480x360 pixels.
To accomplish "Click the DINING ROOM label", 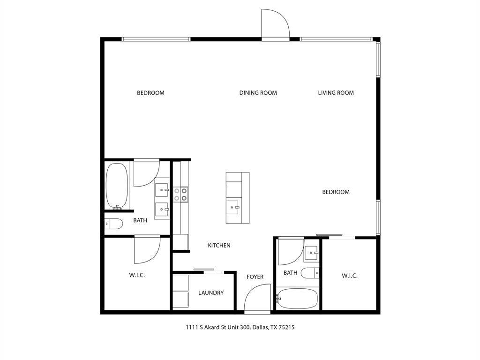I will (258, 93).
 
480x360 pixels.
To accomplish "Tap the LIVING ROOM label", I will (336, 93).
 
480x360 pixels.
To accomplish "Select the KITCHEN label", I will (219, 245).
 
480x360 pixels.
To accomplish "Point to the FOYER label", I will (255, 277).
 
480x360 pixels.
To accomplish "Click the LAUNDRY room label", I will (210, 293).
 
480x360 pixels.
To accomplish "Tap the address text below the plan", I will (240, 328).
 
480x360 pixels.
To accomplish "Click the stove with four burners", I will (181, 195).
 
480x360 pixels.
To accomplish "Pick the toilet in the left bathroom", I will (113, 224).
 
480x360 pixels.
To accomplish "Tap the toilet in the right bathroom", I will (309, 273).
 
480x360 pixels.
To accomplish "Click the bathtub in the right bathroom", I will (297, 299).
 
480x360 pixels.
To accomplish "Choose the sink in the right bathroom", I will (311, 254).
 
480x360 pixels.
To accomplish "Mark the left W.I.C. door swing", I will (146, 250).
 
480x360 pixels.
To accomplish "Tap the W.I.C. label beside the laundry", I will (137, 275).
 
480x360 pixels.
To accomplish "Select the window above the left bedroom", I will (156, 39).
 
